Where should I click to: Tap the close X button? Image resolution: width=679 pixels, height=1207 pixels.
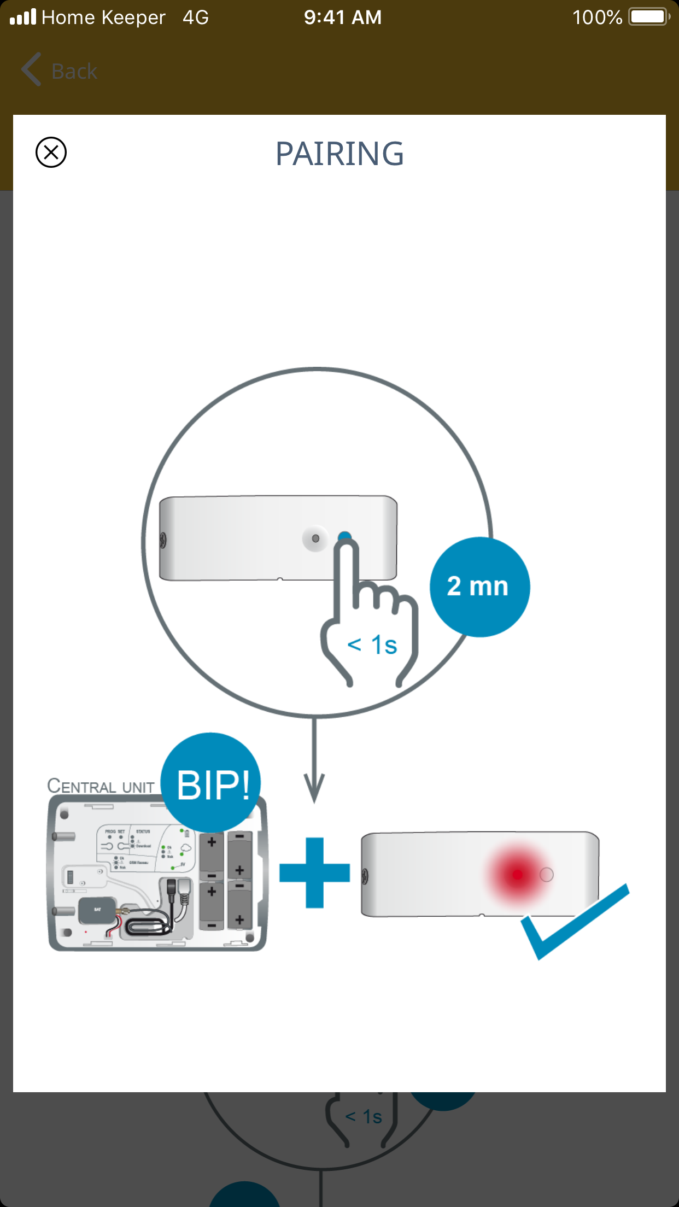tap(51, 152)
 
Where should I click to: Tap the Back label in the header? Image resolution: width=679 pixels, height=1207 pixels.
tap(74, 72)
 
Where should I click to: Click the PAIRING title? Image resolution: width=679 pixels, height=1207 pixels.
tap(339, 154)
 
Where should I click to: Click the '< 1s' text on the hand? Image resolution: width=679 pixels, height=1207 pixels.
tap(372, 645)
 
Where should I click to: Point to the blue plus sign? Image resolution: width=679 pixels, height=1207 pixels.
tap(314, 872)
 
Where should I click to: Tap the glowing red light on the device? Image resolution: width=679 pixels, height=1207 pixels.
tap(517, 875)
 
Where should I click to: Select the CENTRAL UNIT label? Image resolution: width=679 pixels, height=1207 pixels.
tap(101, 786)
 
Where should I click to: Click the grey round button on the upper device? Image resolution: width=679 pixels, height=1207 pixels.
tap(315, 538)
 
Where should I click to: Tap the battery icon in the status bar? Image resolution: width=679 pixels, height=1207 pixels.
tap(649, 17)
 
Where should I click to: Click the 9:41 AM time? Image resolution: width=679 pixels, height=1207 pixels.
tap(343, 17)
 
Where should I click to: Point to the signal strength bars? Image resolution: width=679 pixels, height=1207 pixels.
tap(23, 17)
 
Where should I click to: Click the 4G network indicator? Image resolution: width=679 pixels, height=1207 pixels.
tap(196, 17)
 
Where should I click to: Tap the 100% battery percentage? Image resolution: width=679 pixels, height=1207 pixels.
tap(597, 17)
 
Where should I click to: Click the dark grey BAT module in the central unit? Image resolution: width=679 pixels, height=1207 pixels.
tap(97, 910)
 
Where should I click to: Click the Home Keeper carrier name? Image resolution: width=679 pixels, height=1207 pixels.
tap(103, 17)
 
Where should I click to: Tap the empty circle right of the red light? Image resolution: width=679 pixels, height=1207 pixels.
tap(546, 875)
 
